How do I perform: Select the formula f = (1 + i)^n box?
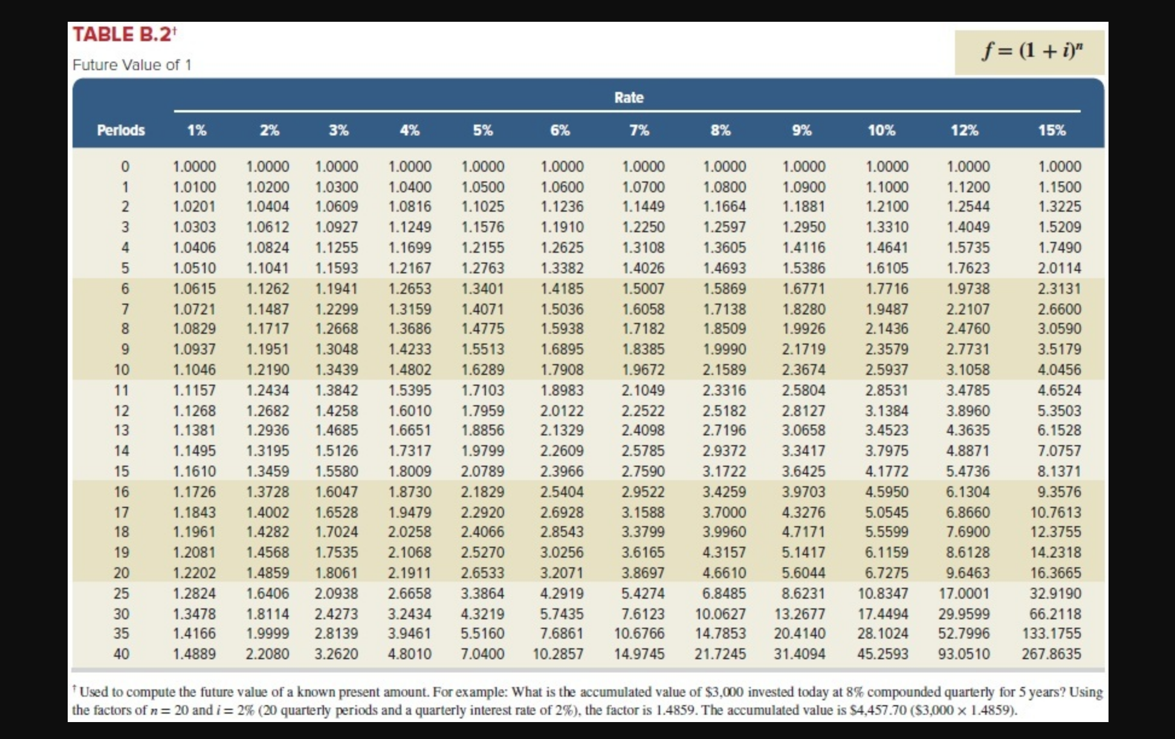(1029, 52)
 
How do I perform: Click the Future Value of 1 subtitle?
(132, 65)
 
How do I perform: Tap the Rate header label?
(629, 97)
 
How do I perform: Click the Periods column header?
(121, 130)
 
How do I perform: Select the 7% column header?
(639, 130)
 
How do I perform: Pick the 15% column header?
(1052, 130)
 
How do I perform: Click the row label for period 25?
(121, 593)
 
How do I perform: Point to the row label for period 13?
(121, 430)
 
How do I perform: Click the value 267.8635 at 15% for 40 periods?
(1051, 654)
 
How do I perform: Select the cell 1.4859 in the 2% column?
(268, 573)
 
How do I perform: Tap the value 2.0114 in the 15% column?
(1059, 268)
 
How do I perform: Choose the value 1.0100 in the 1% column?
(194, 187)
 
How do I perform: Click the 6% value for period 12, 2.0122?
(562, 411)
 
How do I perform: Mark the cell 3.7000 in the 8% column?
(723, 512)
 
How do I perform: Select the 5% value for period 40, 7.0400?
(482, 654)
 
